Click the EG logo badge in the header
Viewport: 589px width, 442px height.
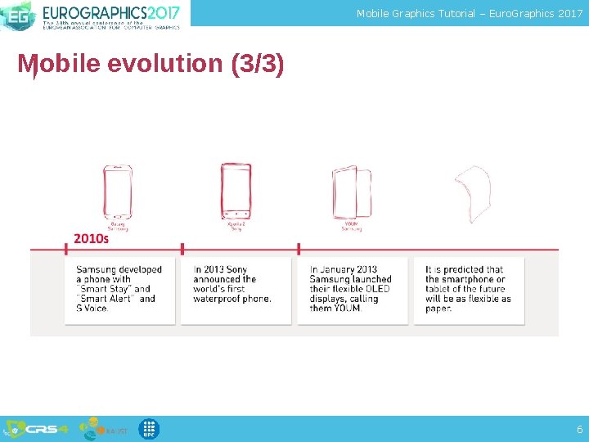point(17,14)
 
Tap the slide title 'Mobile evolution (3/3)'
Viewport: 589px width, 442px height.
point(151,64)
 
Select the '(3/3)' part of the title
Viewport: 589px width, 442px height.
point(257,64)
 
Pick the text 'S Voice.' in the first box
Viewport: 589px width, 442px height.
point(92,309)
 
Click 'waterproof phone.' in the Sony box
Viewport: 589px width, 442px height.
point(232,299)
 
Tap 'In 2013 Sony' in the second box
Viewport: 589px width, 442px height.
point(220,269)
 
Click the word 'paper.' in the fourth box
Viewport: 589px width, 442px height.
point(438,309)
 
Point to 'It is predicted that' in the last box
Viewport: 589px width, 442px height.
point(464,269)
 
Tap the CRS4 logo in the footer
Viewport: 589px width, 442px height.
point(40,429)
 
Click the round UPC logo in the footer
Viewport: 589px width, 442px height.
point(148,429)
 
